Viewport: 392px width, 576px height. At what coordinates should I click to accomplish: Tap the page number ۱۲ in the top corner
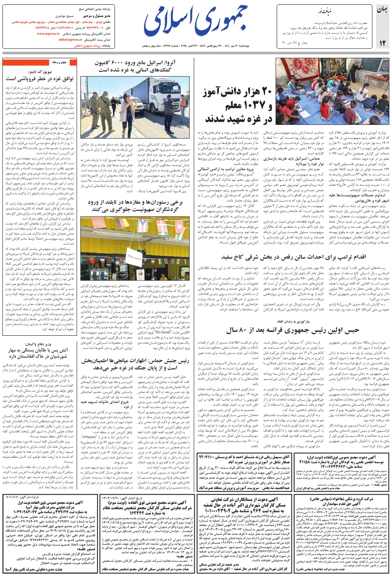382,42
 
